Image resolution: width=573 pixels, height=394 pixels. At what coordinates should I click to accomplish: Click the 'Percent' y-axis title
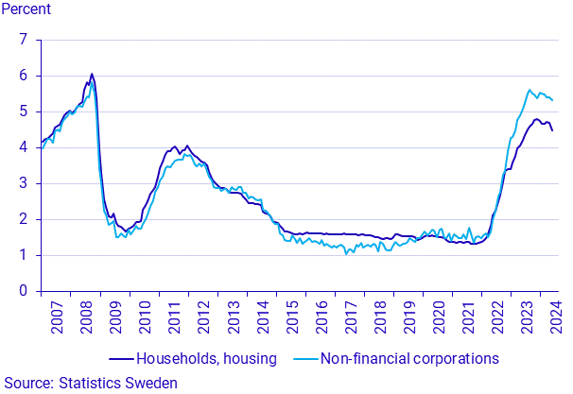(x=26, y=10)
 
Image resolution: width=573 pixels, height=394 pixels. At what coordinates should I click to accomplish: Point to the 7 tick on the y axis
(x=24, y=40)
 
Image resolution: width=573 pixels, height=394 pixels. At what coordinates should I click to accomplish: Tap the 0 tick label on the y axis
(x=24, y=291)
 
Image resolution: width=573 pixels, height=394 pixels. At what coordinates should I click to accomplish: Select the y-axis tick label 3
(x=24, y=183)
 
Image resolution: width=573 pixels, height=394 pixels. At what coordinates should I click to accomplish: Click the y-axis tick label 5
(x=24, y=111)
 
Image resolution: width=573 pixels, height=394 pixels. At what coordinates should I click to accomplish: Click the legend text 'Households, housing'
(x=206, y=359)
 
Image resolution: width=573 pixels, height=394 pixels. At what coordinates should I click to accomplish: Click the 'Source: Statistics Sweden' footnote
(x=90, y=383)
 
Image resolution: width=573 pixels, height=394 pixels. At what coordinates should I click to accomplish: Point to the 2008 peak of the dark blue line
(x=92, y=74)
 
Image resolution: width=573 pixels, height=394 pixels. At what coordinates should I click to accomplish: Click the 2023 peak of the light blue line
(x=530, y=90)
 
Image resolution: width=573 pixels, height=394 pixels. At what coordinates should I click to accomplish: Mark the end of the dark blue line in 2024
(x=552, y=129)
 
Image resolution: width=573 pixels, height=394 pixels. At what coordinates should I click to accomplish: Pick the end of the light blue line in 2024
(x=552, y=100)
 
